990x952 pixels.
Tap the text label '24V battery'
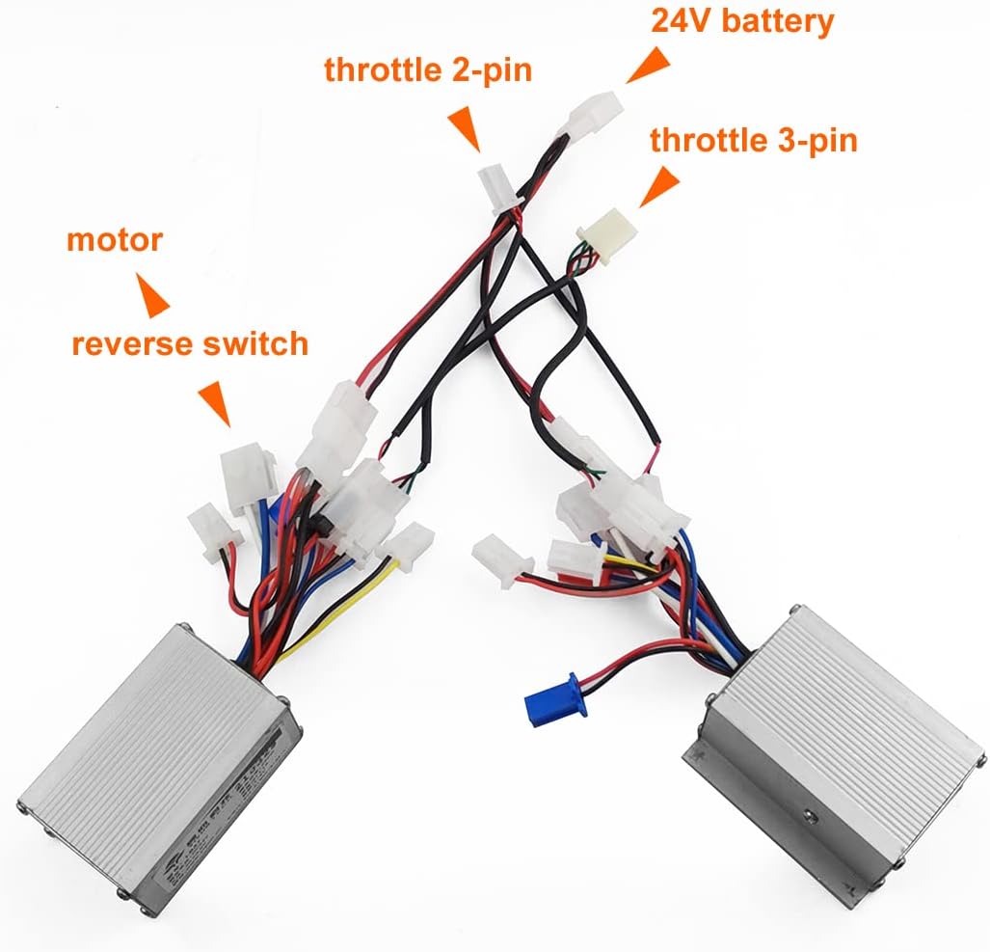coord(742,21)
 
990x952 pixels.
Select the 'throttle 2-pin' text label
coord(427,71)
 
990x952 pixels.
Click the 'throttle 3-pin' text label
coord(753,140)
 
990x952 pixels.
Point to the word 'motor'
coord(115,239)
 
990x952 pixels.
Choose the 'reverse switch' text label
coord(190,342)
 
